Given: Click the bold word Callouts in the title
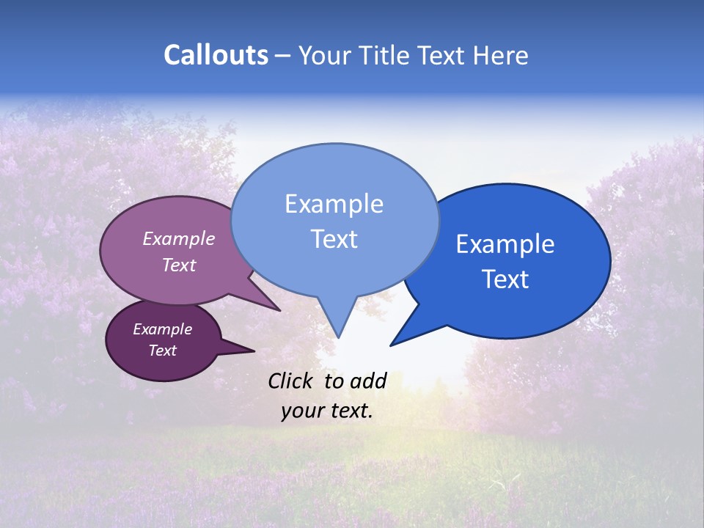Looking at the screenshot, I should [x=216, y=55].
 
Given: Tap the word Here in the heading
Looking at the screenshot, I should [x=500, y=55].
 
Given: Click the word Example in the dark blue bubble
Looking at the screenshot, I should [x=505, y=244].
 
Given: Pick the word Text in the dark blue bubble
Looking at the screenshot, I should [x=505, y=279].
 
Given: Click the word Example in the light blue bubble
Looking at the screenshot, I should [x=334, y=204].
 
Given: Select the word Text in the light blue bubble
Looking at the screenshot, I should [x=334, y=239].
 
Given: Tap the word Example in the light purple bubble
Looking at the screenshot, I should [x=178, y=239].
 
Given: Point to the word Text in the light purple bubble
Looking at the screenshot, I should [x=178, y=265].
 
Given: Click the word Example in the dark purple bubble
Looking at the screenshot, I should [x=162, y=329].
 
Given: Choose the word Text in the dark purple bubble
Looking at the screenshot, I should [x=162, y=351].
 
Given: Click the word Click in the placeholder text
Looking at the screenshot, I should [x=291, y=381].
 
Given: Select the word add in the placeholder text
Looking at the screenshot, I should [x=367, y=381].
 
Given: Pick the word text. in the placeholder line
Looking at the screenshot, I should [x=350, y=411].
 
